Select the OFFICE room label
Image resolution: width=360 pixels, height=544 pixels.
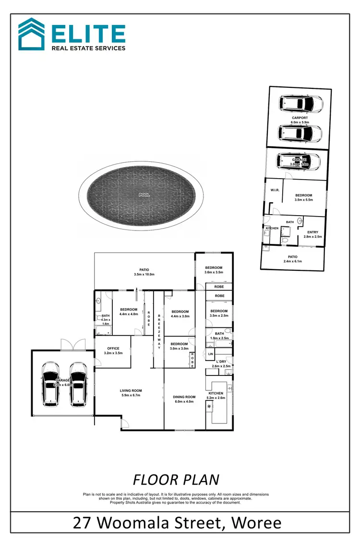click(x=113, y=349)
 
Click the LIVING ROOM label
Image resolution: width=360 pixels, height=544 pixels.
click(x=131, y=391)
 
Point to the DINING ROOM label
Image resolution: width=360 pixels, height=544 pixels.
click(x=184, y=397)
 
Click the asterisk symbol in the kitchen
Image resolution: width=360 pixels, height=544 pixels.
click(x=209, y=407)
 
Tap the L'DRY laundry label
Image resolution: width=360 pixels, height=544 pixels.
click(x=221, y=361)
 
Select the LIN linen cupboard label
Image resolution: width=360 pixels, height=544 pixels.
click(x=210, y=354)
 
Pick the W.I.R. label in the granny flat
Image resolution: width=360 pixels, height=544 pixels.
click(x=275, y=190)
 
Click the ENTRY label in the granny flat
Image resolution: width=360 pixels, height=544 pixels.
click(x=312, y=232)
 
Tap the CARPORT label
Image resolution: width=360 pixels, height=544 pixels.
click(x=300, y=118)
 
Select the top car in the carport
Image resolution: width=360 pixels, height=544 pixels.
click(x=301, y=103)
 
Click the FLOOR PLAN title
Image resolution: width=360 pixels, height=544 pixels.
click(x=176, y=480)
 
